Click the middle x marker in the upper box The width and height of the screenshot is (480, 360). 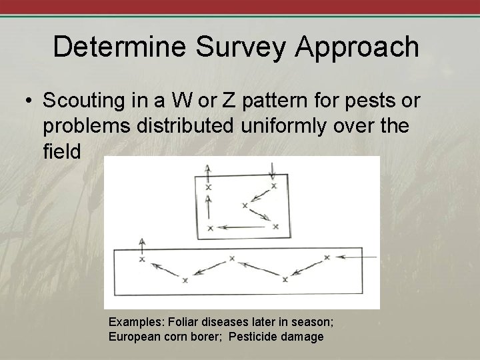[x=245, y=205]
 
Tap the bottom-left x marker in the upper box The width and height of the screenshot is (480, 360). [x=210, y=228]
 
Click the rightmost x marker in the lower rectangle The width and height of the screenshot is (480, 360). [x=326, y=257]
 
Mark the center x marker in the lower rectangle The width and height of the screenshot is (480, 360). [x=232, y=258]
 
